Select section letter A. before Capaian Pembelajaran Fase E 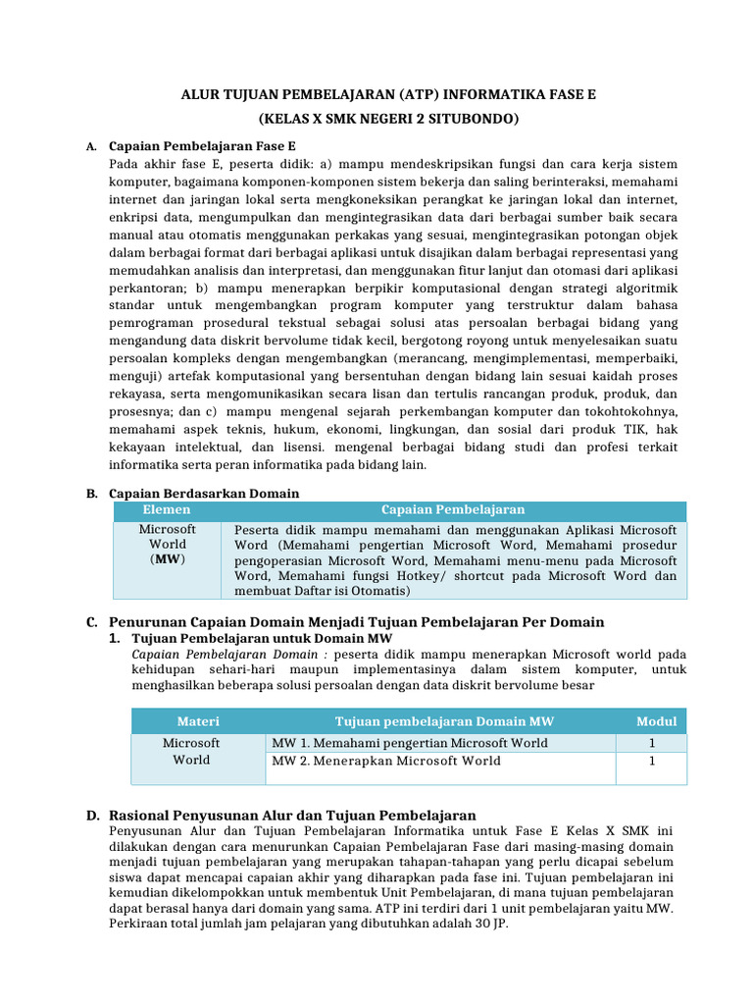tap(90, 146)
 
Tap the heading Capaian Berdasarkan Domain tap(204, 493)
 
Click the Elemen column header tap(167, 510)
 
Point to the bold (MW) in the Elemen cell tap(168, 559)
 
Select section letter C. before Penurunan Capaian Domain tap(91, 622)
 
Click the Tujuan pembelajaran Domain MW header tap(444, 721)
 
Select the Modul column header tap(656, 721)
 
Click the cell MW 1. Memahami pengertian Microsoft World tap(409, 743)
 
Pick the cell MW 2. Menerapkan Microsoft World tap(385, 761)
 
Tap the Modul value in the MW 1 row tap(652, 743)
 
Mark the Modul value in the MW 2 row tap(652, 761)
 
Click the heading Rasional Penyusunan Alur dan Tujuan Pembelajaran tap(292, 816)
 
